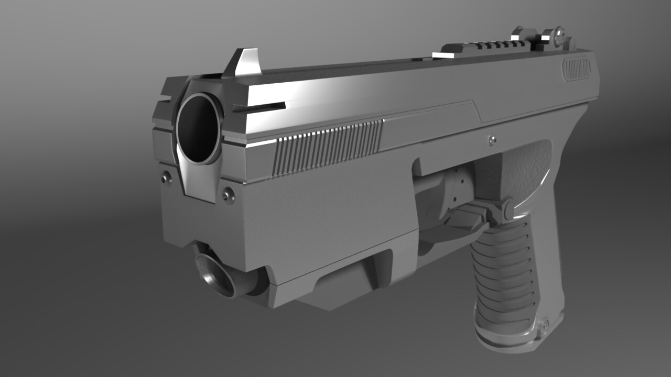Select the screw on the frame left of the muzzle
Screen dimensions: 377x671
click(x=167, y=178)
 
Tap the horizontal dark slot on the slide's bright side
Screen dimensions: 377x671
click(x=259, y=107)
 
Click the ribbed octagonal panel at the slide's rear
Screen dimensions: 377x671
click(x=577, y=69)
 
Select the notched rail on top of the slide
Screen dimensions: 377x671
click(x=488, y=47)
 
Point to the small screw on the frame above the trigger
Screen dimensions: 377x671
click(x=492, y=139)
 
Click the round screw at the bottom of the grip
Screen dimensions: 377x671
click(x=544, y=328)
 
